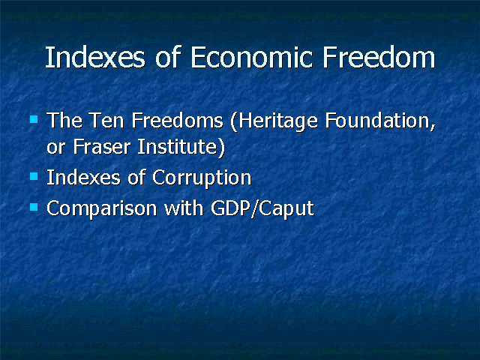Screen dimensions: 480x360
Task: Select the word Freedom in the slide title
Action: click(x=379, y=57)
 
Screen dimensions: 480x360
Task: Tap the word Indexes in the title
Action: click(x=95, y=57)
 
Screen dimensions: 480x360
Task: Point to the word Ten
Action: click(x=106, y=120)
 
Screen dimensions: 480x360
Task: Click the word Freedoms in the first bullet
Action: click(x=178, y=120)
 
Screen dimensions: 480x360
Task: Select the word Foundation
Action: click(x=380, y=121)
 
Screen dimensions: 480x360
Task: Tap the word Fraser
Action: click(x=102, y=147)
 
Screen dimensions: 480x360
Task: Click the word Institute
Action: click(x=178, y=147)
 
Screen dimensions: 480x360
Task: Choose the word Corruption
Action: click(x=202, y=178)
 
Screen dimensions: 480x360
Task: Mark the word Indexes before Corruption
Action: click(x=83, y=178)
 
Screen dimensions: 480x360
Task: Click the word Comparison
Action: click(x=102, y=209)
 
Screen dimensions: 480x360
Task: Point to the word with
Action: click(x=184, y=208)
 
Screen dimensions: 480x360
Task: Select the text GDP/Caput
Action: click(x=262, y=209)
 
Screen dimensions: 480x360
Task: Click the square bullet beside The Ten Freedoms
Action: click(x=34, y=119)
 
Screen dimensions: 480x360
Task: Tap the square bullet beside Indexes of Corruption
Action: click(x=34, y=176)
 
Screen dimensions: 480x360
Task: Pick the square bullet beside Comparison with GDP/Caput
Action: click(x=34, y=207)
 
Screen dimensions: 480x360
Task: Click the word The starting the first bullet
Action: click(x=64, y=120)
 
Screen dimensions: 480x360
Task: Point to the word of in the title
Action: click(x=167, y=57)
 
